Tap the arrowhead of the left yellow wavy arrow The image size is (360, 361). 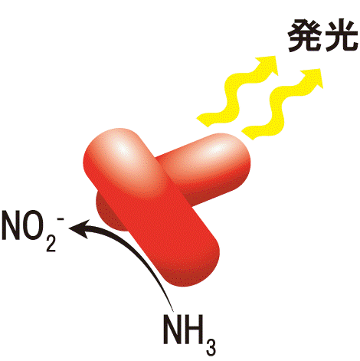[268, 64]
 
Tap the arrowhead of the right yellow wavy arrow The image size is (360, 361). [313, 77]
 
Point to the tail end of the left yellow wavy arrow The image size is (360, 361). [203, 120]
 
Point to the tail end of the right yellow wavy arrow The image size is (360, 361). [248, 133]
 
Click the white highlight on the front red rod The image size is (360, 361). [122, 150]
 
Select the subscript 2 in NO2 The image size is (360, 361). [51, 244]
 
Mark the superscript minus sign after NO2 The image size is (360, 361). [61, 218]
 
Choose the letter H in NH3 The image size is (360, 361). [194, 330]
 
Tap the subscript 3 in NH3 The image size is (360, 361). [211, 347]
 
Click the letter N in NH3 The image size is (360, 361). [172, 330]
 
